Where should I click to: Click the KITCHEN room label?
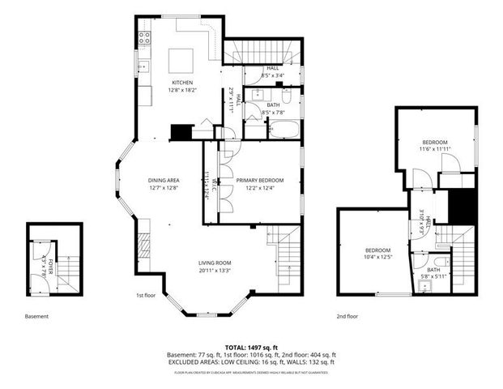(x=181, y=83)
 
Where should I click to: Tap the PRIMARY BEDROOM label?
(x=260, y=180)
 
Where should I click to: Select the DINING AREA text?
(x=163, y=180)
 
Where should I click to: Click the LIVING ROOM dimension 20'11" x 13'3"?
(x=215, y=271)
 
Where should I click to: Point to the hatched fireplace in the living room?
(x=143, y=245)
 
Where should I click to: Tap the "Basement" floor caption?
(x=37, y=316)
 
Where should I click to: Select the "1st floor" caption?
(x=146, y=296)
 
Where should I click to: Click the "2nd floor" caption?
(x=347, y=316)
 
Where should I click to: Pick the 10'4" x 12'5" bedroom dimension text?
(x=377, y=258)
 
